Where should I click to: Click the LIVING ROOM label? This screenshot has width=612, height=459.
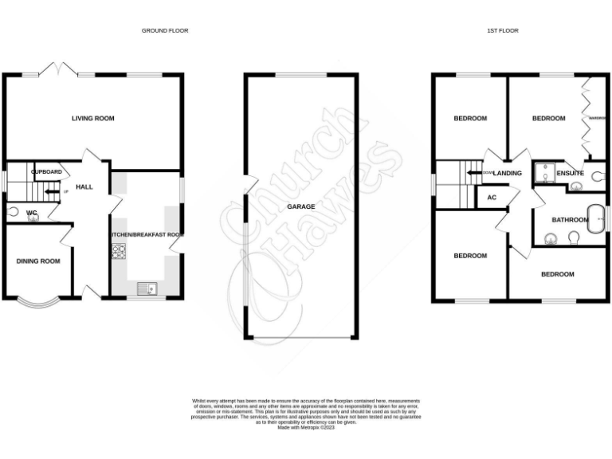(x=93, y=119)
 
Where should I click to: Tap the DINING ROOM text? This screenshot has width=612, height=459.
(x=39, y=261)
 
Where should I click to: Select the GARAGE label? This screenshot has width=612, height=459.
(x=301, y=206)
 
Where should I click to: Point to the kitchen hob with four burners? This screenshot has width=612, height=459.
(x=120, y=252)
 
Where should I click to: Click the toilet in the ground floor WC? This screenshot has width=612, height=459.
(x=13, y=212)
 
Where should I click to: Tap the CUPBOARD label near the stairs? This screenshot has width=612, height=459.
(x=46, y=171)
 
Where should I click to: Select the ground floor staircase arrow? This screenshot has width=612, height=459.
(x=51, y=191)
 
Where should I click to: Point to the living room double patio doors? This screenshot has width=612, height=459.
(x=60, y=69)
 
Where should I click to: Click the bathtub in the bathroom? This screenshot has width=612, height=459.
(x=594, y=219)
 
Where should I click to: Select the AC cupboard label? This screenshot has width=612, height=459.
(x=491, y=198)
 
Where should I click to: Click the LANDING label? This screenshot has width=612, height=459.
(x=508, y=173)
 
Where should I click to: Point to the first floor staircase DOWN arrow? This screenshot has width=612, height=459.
(x=477, y=173)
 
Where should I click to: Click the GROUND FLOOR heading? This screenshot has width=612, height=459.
(x=165, y=30)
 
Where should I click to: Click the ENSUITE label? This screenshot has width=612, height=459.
(x=570, y=173)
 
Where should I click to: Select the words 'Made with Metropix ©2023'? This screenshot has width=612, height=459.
(x=306, y=428)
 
